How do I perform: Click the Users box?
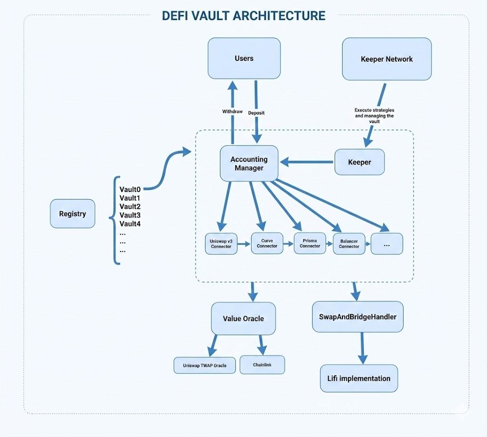(x=244, y=58)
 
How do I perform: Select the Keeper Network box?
(x=387, y=59)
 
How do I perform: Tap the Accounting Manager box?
(x=249, y=164)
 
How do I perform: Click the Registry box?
(x=72, y=214)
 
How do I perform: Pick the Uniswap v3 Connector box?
(x=221, y=244)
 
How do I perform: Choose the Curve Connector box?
(x=267, y=243)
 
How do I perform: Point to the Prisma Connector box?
(x=310, y=243)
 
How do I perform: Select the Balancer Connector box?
(x=349, y=244)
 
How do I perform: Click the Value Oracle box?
(x=243, y=318)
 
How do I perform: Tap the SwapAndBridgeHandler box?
(x=358, y=317)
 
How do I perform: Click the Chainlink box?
(x=262, y=365)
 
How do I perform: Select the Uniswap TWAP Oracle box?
(x=205, y=365)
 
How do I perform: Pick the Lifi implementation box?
(x=359, y=379)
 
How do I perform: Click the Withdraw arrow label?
(x=232, y=111)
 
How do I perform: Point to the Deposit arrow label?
(x=256, y=113)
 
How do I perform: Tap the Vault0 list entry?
(x=130, y=189)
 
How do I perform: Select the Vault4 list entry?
(x=130, y=223)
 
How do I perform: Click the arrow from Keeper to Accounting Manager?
(x=306, y=162)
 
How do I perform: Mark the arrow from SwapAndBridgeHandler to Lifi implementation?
(x=362, y=348)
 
